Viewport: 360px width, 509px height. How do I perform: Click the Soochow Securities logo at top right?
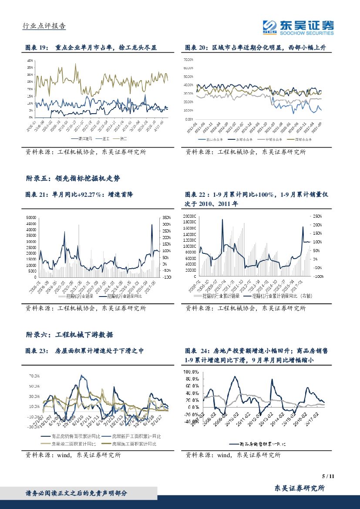tap(298, 27)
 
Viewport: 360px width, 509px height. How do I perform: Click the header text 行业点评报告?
tap(44, 26)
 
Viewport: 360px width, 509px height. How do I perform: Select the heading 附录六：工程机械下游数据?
tap(69, 335)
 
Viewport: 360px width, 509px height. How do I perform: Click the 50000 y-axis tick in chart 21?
tap(32, 217)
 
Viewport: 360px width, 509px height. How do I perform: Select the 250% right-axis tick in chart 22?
tap(317, 216)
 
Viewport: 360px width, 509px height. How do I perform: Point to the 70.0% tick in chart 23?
tap(34, 376)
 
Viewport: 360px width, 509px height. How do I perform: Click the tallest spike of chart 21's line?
tap(152, 225)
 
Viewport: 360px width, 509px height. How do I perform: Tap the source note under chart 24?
tap(232, 455)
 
